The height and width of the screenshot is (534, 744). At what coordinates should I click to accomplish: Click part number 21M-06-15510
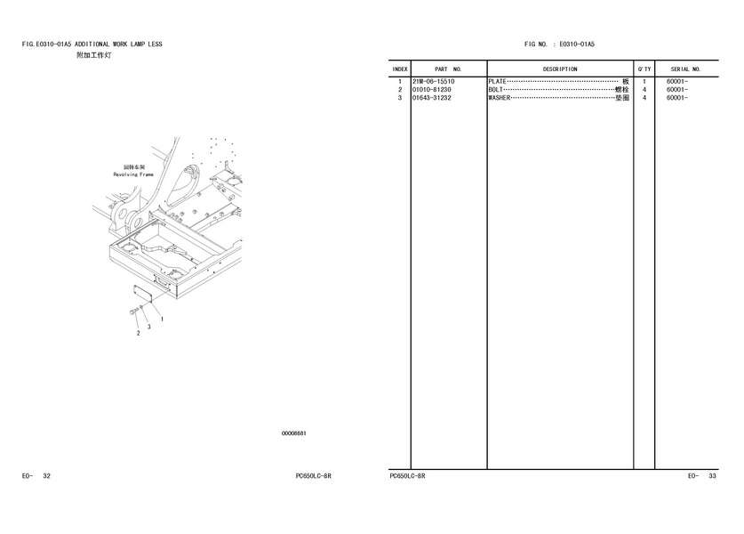pyautogui.click(x=433, y=81)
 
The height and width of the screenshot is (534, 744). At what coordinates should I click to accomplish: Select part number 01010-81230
pyautogui.click(x=432, y=89)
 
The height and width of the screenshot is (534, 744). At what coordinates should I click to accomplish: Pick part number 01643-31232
pyautogui.click(x=432, y=98)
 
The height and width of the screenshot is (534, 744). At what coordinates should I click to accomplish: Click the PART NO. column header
pyautogui.click(x=448, y=69)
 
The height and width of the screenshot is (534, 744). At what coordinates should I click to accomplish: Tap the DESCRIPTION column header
pyautogui.click(x=560, y=69)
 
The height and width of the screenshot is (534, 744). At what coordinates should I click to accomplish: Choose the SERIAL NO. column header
pyautogui.click(x=685, y=69)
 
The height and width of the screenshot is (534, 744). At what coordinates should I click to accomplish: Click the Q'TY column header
pyautogui.click(x=644, y=69)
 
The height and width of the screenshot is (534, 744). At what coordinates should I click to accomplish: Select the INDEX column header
pyautogui.click(x=400, y=69)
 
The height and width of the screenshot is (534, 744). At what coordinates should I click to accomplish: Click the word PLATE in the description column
pyautogui.click(x=497, y=81)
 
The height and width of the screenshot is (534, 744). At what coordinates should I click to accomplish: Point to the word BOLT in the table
pyautogui.click(x=495, y=89)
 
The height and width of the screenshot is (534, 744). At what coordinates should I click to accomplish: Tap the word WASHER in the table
pyautogui.click(x=500, y=98)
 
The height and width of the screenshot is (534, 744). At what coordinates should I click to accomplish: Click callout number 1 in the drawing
pyautogui.click(x=163, y=320)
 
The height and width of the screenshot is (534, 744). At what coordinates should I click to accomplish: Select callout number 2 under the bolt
pyautogui.click(x=138, y=333)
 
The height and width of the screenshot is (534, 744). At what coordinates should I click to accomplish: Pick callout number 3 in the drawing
pyautogui.click(x=149, y=327)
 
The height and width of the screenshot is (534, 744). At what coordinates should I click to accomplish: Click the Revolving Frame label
pyautogui.click(x=133, y=174)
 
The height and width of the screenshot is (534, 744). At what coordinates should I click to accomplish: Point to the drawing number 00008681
pyautogui.click(x=294, y=433)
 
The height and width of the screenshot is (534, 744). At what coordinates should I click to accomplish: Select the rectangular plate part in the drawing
pyautogui.click(x=142, y=294)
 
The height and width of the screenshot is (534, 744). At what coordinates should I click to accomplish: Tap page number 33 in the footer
pyautogui.click(x=712, y=476)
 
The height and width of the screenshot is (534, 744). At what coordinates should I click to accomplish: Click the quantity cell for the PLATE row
pyautogui.click(x=644, y=81)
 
